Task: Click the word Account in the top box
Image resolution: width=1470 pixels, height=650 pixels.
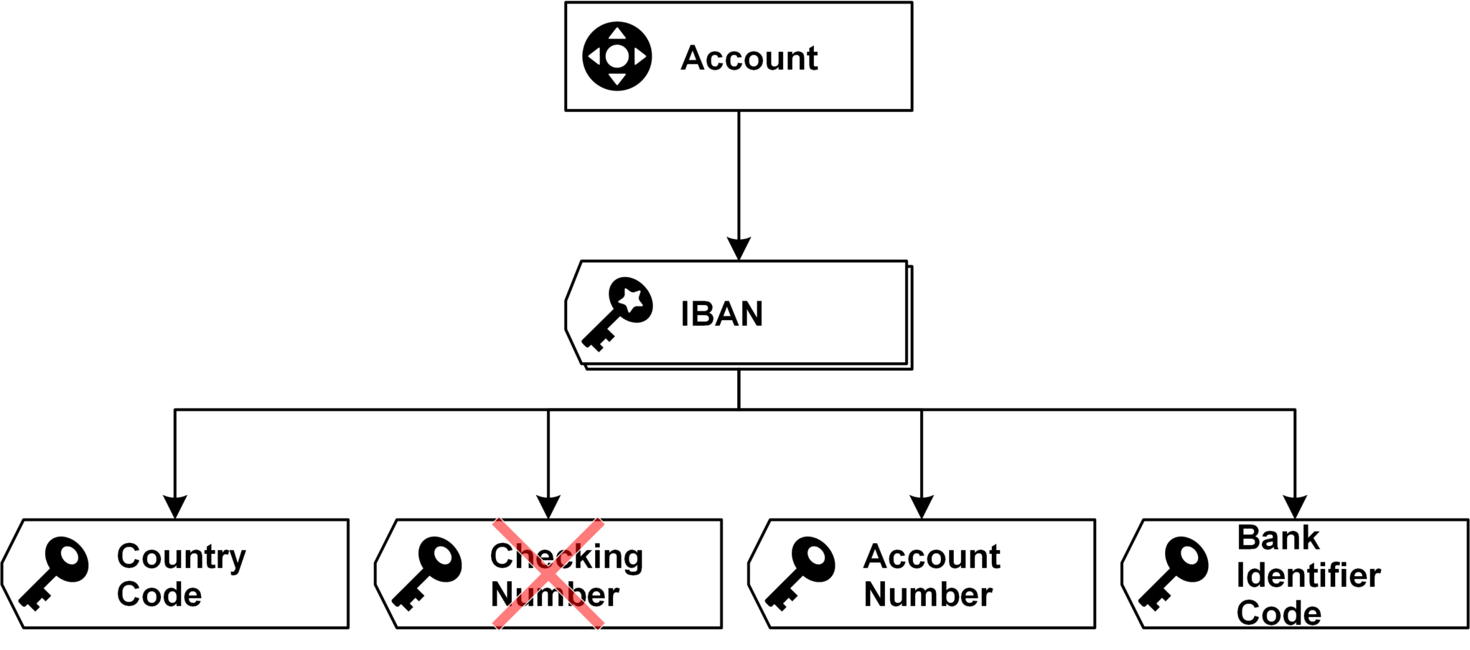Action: pyautogui.click(x=749, y=58)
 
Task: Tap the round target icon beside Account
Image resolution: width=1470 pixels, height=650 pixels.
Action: pyautogui.click(x=617, y=56)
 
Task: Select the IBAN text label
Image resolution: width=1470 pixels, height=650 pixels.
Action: pyautogui.click(x=721, y=314)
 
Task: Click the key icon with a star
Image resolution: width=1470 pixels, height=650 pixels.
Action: pyautogui.click(x=619, y=313)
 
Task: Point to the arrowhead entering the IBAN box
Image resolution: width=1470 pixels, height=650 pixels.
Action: pyautogui.click(x=739, y=248)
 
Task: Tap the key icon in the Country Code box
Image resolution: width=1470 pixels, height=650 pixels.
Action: pyautogui.click(x=55, y=573)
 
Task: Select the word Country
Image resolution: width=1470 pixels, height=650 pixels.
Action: pyautogui.click(x=181, y=557)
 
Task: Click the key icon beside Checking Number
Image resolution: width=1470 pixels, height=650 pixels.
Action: pyautogui.click(x=428, y=573)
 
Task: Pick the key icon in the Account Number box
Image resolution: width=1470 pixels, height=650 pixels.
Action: pyautogui.click(x=801, y=573)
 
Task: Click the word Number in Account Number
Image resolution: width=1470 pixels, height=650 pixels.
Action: pyautogui.click(x=928, y=595)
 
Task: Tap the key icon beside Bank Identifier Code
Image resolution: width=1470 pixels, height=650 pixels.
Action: pyautogui.click(x=1174, y=573)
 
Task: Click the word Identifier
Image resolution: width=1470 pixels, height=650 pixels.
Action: pyautogui.click(x=1308, y=575)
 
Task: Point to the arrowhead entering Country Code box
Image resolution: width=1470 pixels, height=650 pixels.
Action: pyautogui.click(x=175, y=507)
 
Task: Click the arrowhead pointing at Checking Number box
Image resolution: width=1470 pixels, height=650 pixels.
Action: pyautogui.click(x=548, y=507)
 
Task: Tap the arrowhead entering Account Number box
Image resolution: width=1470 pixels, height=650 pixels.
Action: pyautogui.click(x=922, y=507)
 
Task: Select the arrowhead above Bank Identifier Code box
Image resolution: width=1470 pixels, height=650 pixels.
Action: pyautogui.click(x=1295, y=507)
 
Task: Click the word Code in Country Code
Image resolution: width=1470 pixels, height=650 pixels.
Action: pyautogui.click(x=159, y=595)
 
